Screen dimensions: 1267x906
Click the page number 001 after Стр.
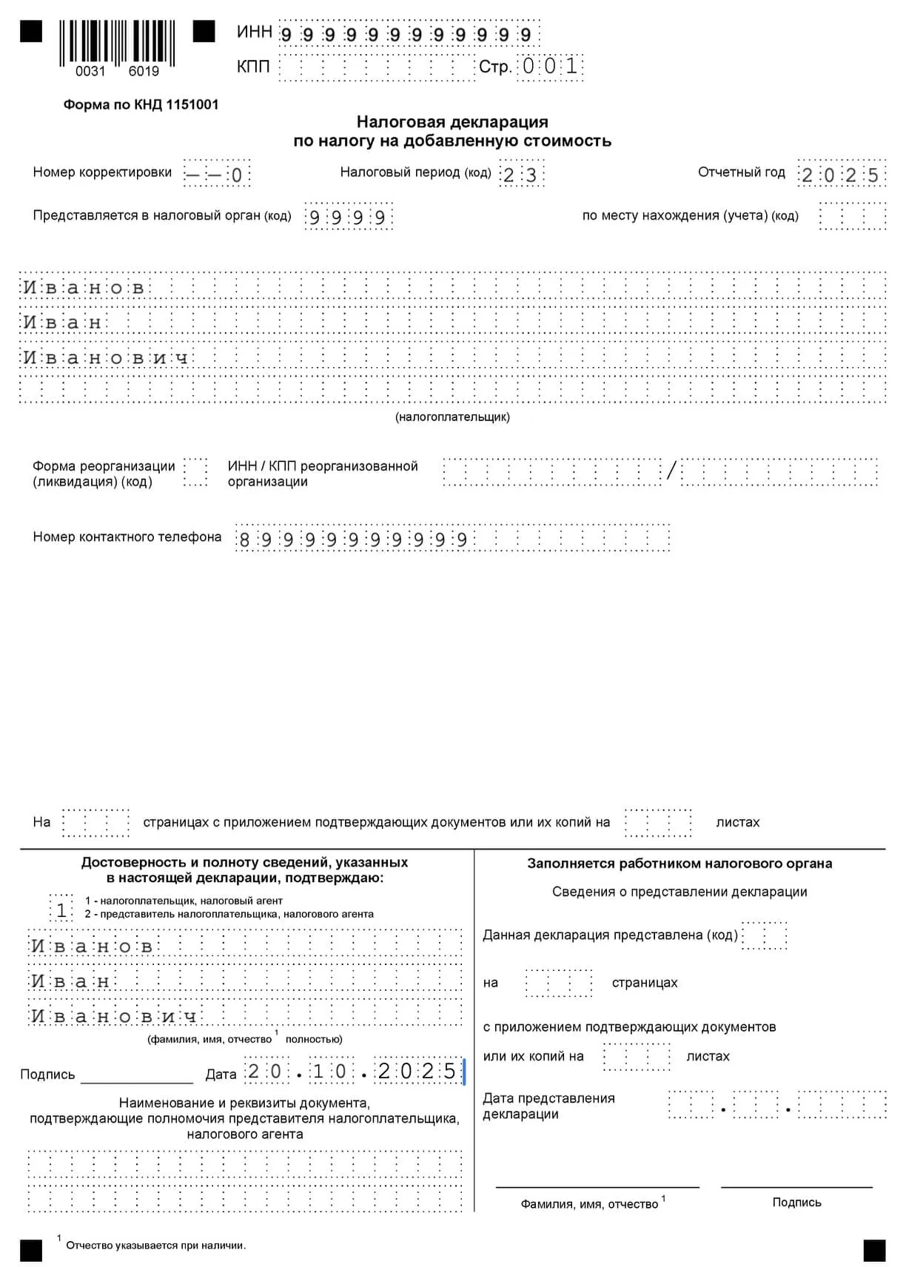coord(549,66)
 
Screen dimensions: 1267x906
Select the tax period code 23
coord(520,175)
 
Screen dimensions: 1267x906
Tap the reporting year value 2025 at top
coord(840,175)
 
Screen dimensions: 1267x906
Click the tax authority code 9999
coord(348,218)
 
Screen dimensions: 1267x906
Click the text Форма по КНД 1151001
coord(141,104)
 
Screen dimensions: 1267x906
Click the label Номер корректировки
coord(102,172)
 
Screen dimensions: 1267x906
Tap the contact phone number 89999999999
coord(352,540)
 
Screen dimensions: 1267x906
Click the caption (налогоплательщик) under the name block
coord(452,417)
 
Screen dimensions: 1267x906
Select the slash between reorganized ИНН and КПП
coord(671,471)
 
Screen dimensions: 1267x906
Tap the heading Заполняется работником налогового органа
coord(679,864)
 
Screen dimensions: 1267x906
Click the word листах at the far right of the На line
coord(737,822)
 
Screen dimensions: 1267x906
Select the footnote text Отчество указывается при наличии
coord(155,1246)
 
